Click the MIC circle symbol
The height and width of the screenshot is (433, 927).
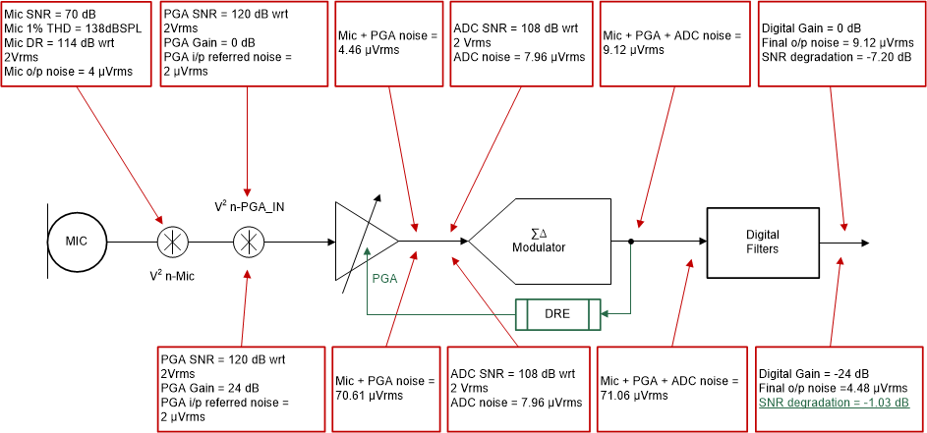[77, 241]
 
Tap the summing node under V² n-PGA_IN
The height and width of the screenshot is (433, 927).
[247, 241]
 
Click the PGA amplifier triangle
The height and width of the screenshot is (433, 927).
[365, 242]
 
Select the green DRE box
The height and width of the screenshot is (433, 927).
[557, 314]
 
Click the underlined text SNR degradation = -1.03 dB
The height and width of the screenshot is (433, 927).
[835, 404]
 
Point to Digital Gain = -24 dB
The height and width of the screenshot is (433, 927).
[814, 374]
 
